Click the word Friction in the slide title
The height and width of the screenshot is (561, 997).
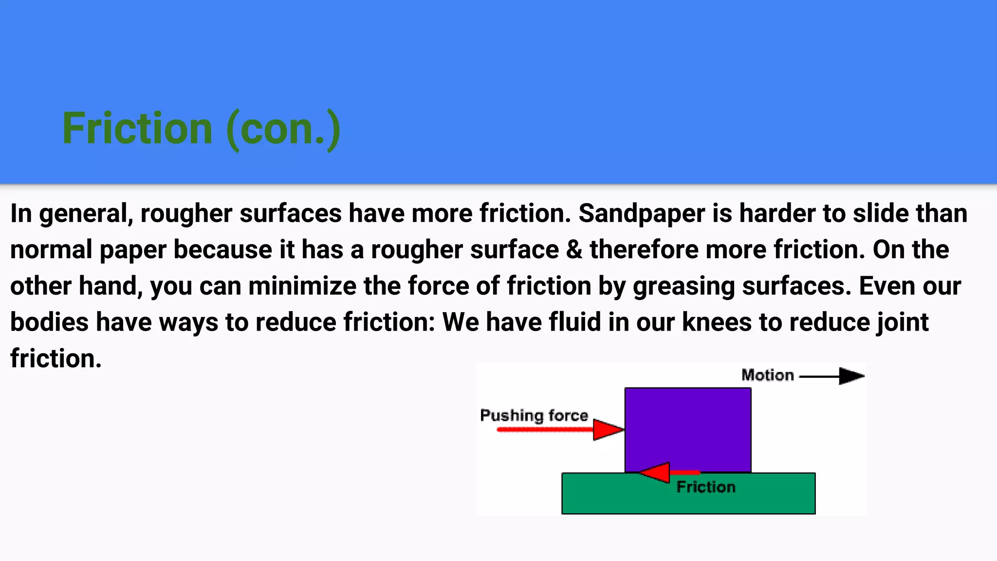(137, 129)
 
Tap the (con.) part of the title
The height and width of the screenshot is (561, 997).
(283, 130)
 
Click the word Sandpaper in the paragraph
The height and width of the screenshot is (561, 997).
(642, 214)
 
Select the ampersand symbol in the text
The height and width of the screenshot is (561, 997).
(574, 250)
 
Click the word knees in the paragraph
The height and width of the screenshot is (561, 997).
(717, 322)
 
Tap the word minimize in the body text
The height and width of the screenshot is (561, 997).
(302, 286)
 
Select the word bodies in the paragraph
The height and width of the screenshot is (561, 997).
(49, 322)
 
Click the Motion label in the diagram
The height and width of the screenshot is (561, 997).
(767, 375)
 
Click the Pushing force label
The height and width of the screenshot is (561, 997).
(534, 415)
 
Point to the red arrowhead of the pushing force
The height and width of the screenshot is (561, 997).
(607, 430)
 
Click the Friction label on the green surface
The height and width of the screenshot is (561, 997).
(706, 487)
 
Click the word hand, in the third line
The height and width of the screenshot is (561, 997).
(111, 286)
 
